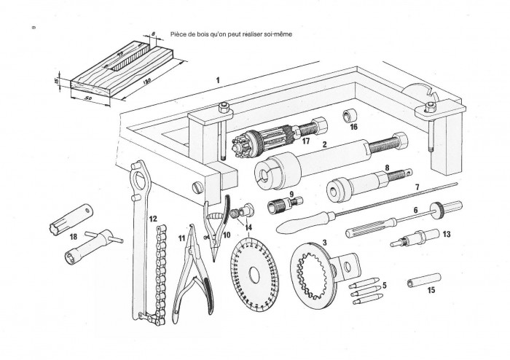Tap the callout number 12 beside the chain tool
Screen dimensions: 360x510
click(152, 218)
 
